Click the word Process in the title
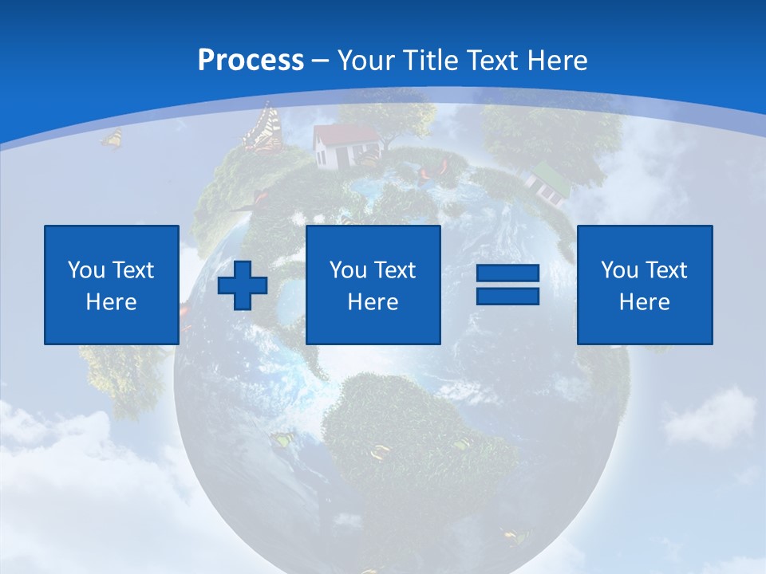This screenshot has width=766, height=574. click(x=251, y=61)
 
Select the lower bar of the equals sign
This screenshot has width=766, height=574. click(x=507, y=296)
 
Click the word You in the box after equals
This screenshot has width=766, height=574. click(x=618, y=270)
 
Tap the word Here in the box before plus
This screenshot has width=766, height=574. click(x=112, y=302)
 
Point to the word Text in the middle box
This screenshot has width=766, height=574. click(x=395, y=270)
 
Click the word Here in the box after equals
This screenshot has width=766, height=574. click(x=644, y=302)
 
